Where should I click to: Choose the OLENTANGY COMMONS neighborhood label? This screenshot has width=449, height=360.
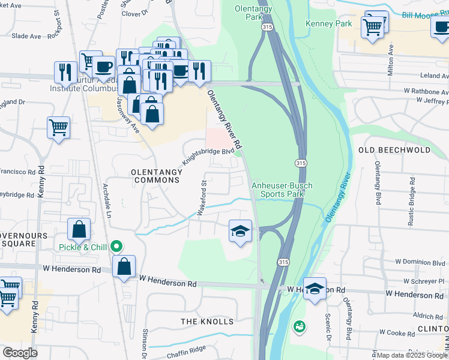pos(157,176)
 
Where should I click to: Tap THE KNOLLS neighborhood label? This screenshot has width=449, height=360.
pos(207,322)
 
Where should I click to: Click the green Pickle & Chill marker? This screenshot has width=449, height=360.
pos(118,247)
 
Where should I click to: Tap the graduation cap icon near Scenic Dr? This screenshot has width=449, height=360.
pos(315,290)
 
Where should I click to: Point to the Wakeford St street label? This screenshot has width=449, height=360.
pos(202,198)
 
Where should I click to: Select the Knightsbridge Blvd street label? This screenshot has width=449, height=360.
pos(208,158)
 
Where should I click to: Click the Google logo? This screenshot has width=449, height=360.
pos(20,353)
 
